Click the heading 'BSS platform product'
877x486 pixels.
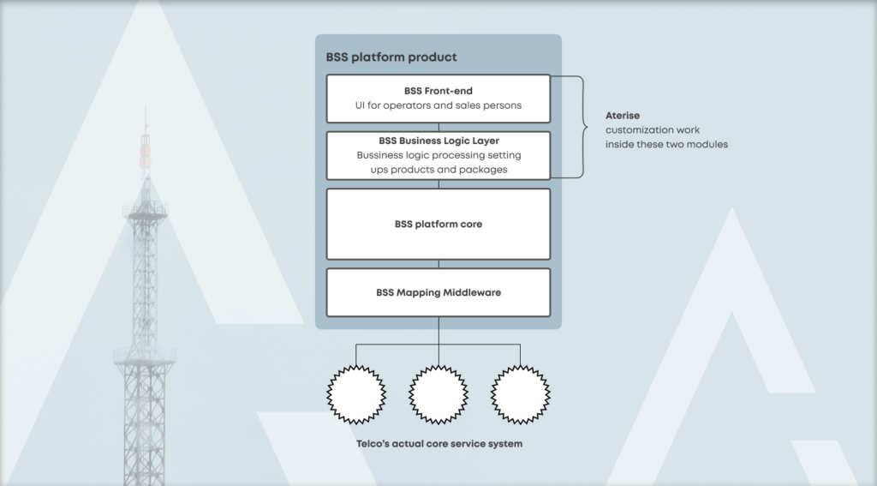click(391, 57)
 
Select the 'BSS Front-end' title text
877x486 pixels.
click(438, 90)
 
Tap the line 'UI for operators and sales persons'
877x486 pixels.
click(438, 106)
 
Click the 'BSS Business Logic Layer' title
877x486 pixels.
click(438, 141)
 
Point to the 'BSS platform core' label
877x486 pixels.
click(438, 225)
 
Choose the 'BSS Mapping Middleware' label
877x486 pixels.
click(438, 292)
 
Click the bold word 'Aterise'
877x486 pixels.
click(623, 115)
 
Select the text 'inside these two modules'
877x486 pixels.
click(666, 144)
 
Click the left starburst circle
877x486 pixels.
click(355, 394)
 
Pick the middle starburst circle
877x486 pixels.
click(438, 394)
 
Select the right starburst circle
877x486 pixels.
click(520, 394)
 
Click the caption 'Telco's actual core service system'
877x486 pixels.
click(438, 444)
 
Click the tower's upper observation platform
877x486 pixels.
click(144, 209)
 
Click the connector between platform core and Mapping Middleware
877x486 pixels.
click(438, 264)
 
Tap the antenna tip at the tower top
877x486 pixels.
click(145, 111)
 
